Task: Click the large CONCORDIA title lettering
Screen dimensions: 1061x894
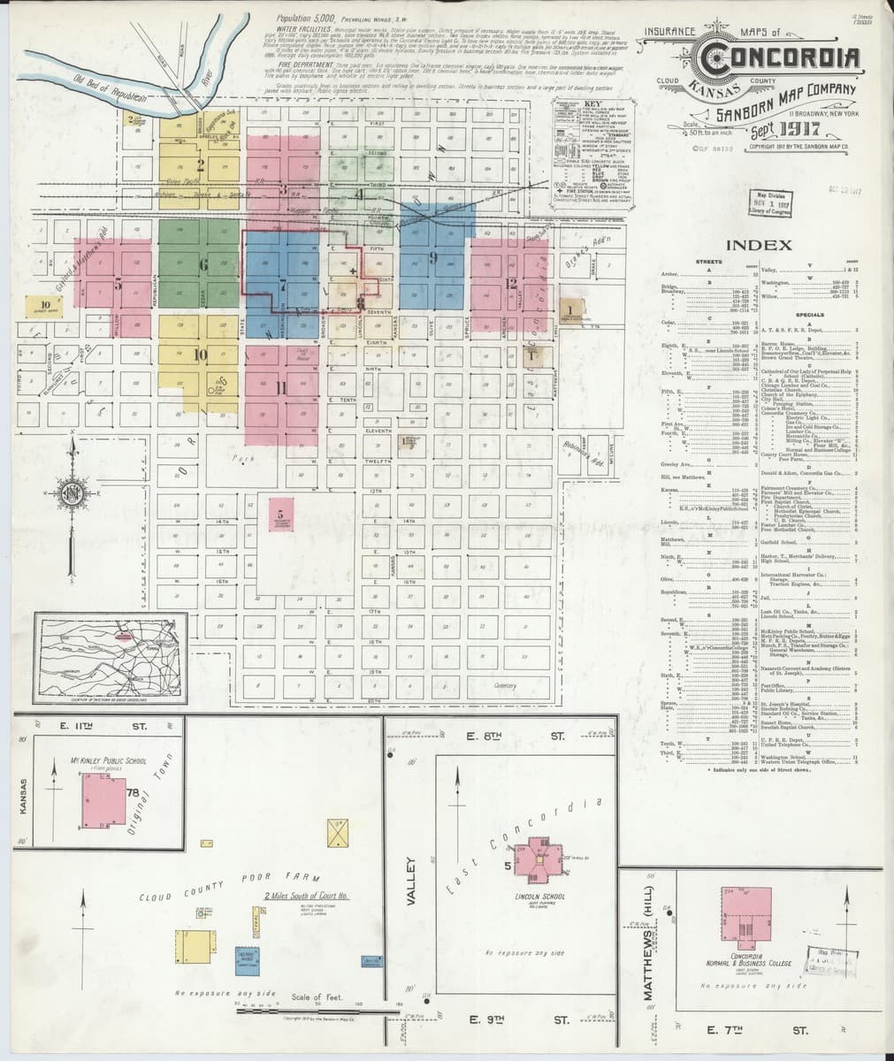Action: point(778,58)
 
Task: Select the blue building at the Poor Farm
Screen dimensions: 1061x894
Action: point(247,960)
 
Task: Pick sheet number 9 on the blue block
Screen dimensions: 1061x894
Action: point(433,257)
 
